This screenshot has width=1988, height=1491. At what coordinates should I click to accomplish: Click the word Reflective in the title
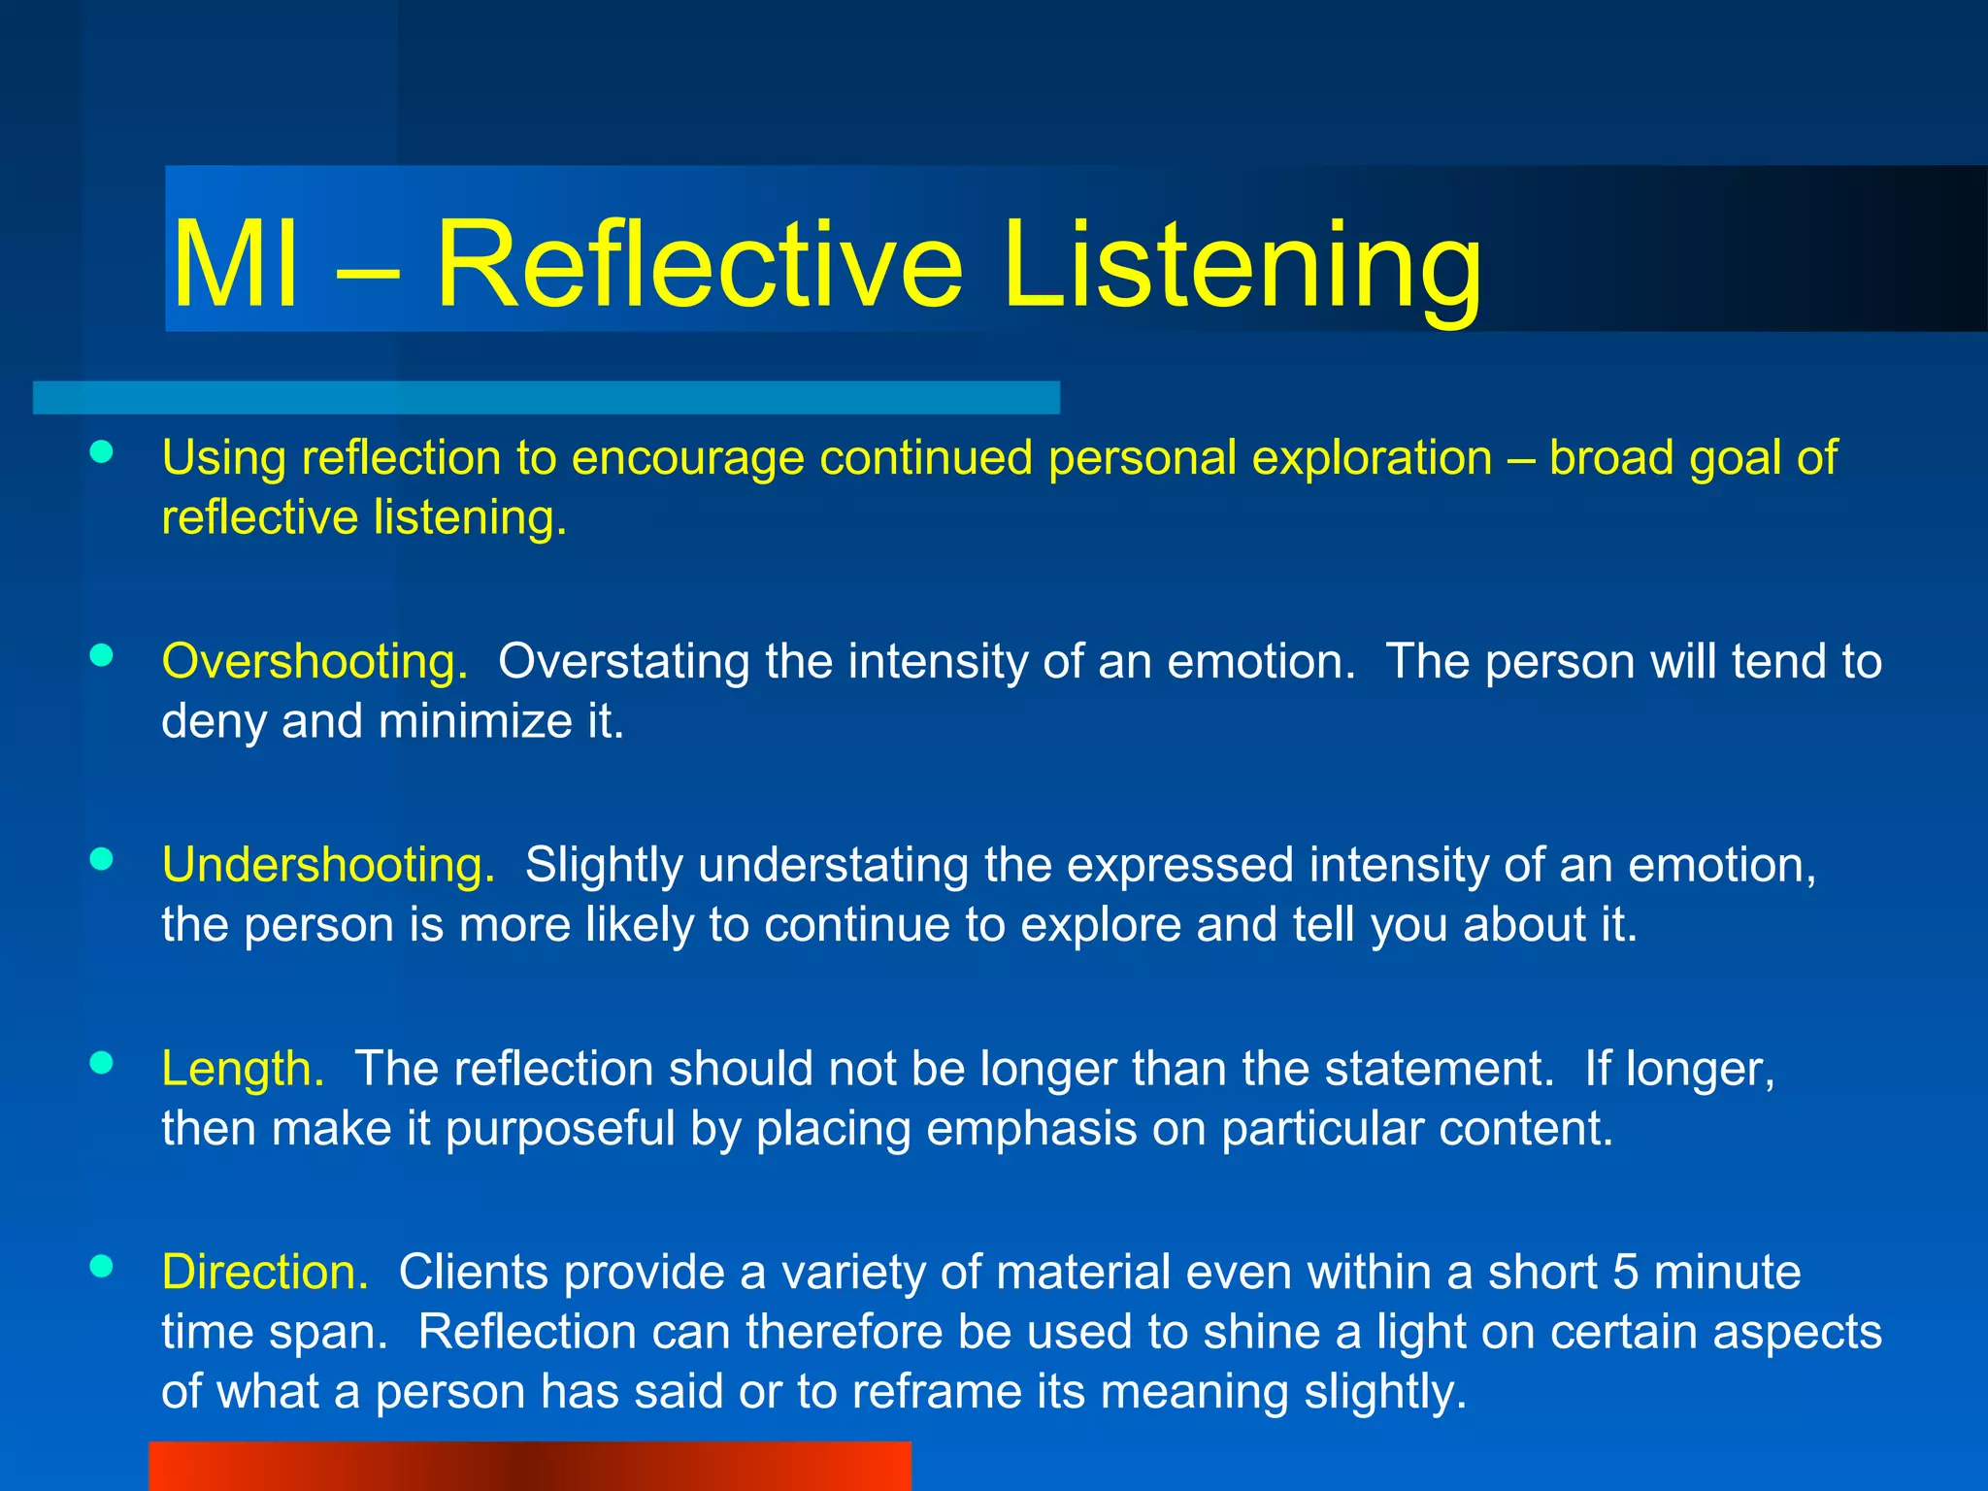click(699, 264)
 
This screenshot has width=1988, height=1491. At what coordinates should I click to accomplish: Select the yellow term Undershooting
click(328, 865)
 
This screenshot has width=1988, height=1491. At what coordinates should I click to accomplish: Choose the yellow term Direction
click(265, 1272)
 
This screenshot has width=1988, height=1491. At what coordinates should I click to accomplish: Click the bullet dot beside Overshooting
click(101, 655)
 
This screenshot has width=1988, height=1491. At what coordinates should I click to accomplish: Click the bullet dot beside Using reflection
click(101, 451)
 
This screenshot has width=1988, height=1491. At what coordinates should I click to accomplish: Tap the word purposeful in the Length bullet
click(559, 1129)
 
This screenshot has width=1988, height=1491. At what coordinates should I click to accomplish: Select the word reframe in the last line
click(937, 1392)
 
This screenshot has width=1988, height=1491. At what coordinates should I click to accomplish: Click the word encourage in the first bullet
click(687, 459)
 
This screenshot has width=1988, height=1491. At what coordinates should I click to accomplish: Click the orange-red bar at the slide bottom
click(530, 1466)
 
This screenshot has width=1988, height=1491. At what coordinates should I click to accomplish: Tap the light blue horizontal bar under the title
click(546, 398)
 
